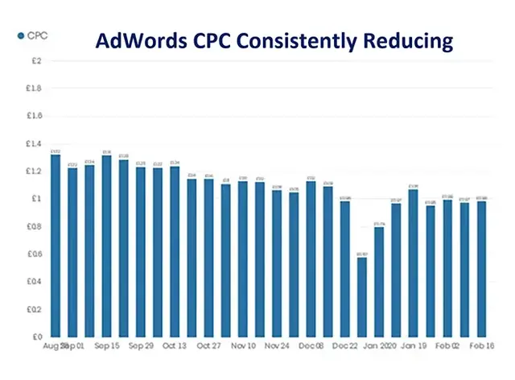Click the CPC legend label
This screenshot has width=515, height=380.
[x=37, y=35]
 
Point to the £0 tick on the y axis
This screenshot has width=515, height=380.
[x=35, y=337]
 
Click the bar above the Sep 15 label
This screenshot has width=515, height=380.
[x=107, y=246]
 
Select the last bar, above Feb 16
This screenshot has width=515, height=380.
[x=481, y=269]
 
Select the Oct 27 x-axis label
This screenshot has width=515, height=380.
[x=208, y=345]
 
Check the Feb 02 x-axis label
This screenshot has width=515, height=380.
[x=447, y=345]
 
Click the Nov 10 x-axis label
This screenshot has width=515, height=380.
[x=242, y=345]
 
